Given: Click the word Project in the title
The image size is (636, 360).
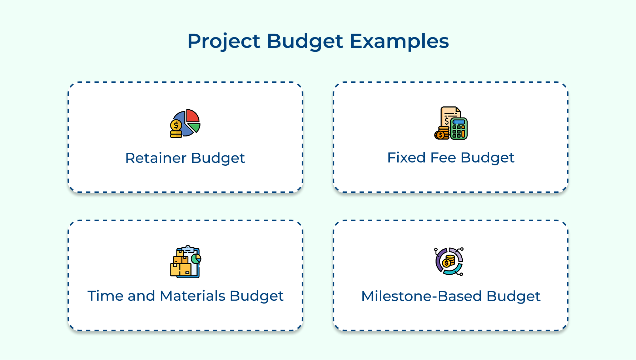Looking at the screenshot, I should pos(224,41).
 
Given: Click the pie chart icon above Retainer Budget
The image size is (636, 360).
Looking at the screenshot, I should pos(185,123).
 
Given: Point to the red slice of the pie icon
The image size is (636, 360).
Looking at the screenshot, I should pos(192,116).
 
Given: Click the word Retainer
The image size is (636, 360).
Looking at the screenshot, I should pos(156,158).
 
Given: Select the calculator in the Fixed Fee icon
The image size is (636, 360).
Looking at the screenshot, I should pos(459,129).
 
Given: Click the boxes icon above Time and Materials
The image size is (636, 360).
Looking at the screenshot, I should pos(185,262).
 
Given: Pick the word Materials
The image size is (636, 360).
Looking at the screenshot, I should pos(193,296).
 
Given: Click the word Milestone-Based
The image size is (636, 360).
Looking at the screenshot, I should pos(422,296).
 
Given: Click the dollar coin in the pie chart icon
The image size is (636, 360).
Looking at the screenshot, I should pos(176,125).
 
